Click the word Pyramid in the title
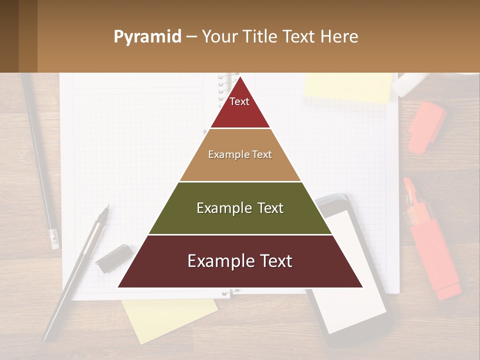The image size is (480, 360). pyautogui.click(x=147, y=37)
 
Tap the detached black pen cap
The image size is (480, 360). pyautogui.click(x=113, y=258)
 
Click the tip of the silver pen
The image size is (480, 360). pyautogui.click(x=107, y=208)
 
